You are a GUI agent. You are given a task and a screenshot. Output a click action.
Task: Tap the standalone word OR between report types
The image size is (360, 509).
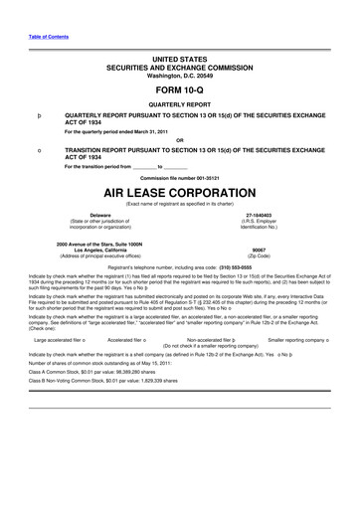pyautogui.click(x=180, y=138)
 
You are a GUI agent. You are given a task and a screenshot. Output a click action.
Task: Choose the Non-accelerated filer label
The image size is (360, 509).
pyautogui.click(x=208, y=339)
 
